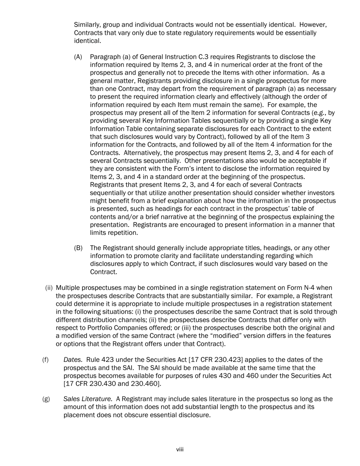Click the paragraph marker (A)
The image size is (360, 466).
(x=78, y=57)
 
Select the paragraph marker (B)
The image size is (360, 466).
(x=78, y=248)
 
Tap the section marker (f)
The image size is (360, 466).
(x=45, y=360)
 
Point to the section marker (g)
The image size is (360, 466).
(x=45, y=399)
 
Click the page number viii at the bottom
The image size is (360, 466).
(x=180, y=450)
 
